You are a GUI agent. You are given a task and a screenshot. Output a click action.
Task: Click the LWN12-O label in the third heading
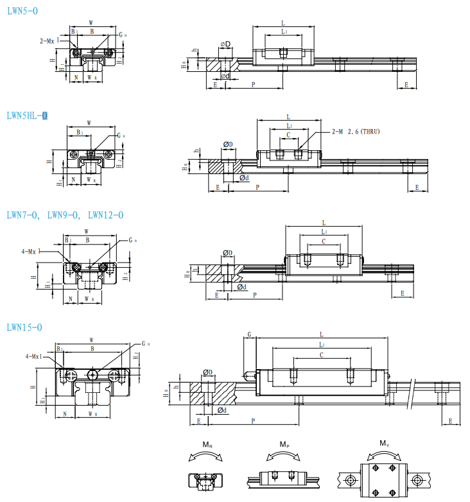click(x=105, y=215)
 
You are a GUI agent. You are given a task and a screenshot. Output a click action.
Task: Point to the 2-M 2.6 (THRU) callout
click(x=356, y=132)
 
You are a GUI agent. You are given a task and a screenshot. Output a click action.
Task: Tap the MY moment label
click(x=384, y=444)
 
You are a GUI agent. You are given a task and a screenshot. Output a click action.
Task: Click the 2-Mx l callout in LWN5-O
click(x=49, y=40)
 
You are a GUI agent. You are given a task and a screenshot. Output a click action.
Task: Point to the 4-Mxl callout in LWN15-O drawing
click(x=33, y=356)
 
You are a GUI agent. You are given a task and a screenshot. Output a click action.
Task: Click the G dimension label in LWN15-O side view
click(x=249, y=335)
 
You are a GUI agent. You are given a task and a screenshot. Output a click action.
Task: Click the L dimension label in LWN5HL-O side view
click(x=289, y=117)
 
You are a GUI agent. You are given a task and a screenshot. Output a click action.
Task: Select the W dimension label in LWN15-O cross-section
click(x=91, y=340)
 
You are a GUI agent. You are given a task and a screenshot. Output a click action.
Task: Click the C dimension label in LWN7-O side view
click(x=323, y=241)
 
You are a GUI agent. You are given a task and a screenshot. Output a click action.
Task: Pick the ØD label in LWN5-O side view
click(x=225, y=44)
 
